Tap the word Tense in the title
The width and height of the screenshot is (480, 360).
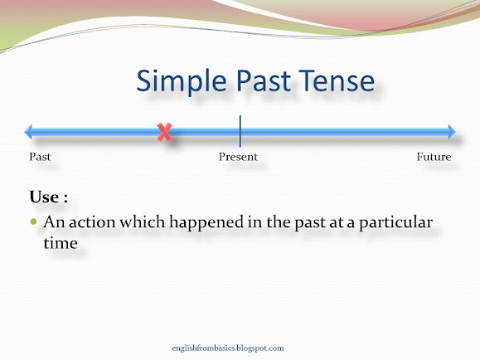click(337, 82)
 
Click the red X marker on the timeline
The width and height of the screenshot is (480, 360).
click(165, 131)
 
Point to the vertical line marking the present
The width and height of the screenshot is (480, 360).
click(240, 131)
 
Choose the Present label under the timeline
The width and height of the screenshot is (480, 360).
click(238, 157)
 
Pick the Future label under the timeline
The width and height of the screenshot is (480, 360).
click(434, 157)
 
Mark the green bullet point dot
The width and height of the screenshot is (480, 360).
click(33, 224)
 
